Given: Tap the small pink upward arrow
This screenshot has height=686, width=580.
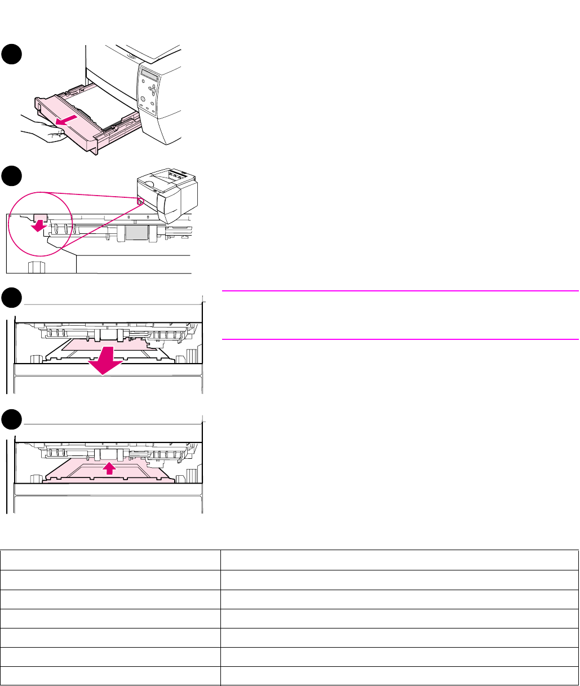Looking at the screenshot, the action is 110,467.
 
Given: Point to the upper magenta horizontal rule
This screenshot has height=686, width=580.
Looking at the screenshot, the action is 400,291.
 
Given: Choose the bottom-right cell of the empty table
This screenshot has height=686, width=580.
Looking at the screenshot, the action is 399,676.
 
